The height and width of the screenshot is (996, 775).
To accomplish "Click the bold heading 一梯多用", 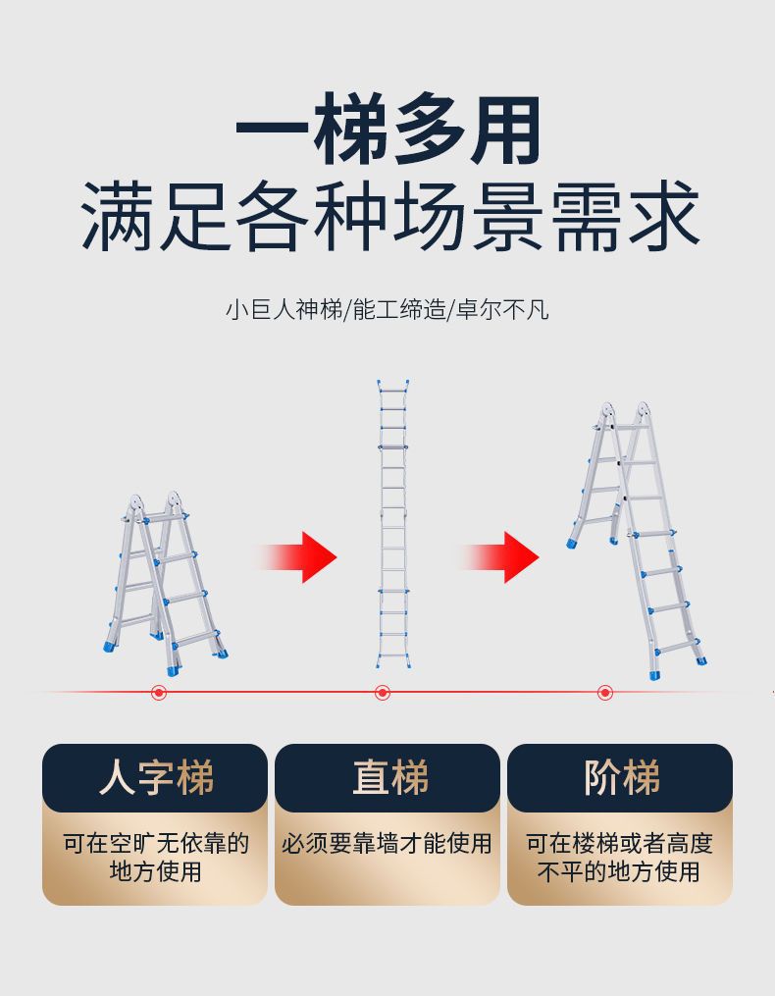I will tap(387, 130).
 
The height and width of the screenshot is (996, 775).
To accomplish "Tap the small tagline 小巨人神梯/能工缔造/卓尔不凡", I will tap(387, 311).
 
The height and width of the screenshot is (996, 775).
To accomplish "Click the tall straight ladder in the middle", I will tap(392, 525).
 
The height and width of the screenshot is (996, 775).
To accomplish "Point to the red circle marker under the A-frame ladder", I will tap(159, 693).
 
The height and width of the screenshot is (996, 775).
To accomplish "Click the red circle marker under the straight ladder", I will tap(383, 693).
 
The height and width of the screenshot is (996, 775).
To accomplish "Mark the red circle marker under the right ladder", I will tap(605, 693).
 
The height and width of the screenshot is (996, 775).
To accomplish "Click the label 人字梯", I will tap(155, 778).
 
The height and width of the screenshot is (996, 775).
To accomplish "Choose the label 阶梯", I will tap(620, 778).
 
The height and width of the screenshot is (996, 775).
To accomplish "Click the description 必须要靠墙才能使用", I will tap(387, 844).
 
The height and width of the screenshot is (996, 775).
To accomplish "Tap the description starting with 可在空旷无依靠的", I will tap(155, 857).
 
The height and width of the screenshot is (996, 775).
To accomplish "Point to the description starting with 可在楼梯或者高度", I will tap(620, 857).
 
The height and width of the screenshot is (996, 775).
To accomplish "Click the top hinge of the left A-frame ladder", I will tap(154, 506).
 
